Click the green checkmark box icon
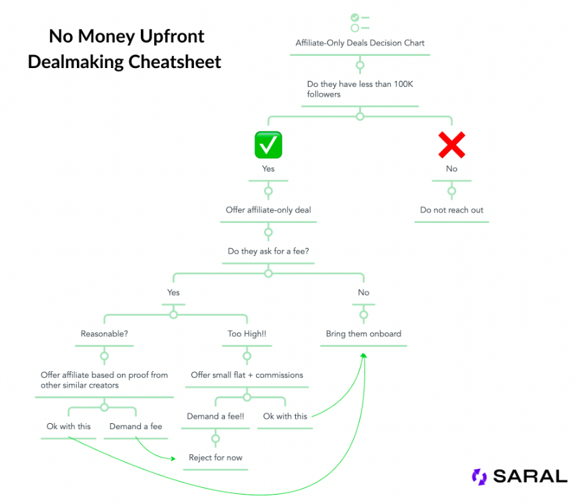tap(268, 145)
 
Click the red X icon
tap(451, 145)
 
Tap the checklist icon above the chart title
tap(360, 23)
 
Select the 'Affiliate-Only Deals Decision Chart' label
tap(360, 43)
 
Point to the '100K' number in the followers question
tap(404, 84)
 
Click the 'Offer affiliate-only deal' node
tap(268, 210)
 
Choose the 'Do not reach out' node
tap(451, 210)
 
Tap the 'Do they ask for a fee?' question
tap(268, 251)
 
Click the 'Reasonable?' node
tap(104, 334)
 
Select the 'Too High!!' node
tap(247, 334)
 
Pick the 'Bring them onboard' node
tap(363, 334)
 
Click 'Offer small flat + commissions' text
tap(247, 375)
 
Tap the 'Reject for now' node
tap(216, 458)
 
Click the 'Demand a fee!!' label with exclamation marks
tap(216, 416)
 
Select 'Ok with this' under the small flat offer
tap(285, 416)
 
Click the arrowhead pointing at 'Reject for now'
tap(173, 458)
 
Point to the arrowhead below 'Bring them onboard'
tap(363, 355)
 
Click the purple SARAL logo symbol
tap(480, 477)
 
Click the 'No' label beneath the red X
tap(451, 168)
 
